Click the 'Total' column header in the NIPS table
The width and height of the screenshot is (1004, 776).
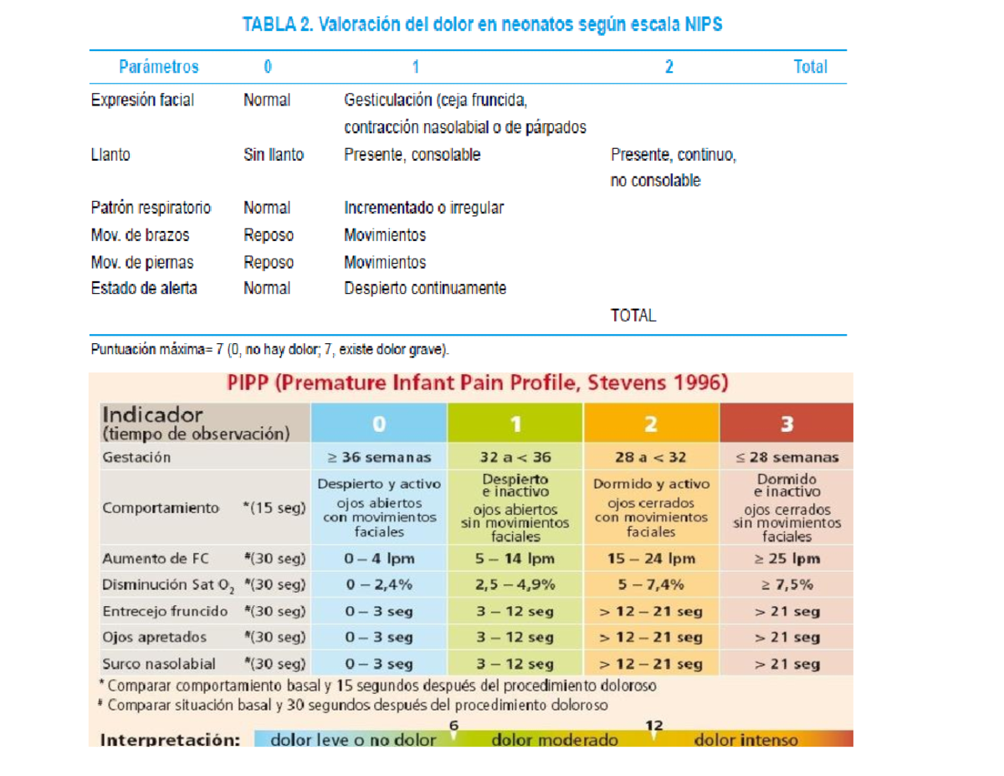(x=810, y=67)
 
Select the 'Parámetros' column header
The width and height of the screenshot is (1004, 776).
(x=158, y=67)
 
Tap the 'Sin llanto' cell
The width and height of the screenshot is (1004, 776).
(x=274, y=154)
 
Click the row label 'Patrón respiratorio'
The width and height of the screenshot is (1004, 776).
(x=151, y=208)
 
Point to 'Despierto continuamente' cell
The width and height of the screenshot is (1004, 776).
(x=425, y=288)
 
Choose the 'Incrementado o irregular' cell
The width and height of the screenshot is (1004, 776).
(x=423, y=208)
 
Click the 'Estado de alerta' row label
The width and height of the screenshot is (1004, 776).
(x=144, y=288)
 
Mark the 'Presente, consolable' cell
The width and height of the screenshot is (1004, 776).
(x=412, y=154)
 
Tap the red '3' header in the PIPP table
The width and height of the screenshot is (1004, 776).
(x=786, y=424)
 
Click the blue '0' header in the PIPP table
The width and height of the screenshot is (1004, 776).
(x=379, y=424)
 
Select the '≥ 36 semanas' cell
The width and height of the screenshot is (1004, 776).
(x=379, y=457)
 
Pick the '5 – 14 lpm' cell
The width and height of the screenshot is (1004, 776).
(x=515, y=558)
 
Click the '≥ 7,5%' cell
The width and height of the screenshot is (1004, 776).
(x=786, y=584)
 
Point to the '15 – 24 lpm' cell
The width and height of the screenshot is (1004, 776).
(x=651, y=558)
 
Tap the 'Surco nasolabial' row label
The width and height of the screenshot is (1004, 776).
(x=158, y=664)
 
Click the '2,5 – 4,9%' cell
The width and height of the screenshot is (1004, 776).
(x=515, y=584)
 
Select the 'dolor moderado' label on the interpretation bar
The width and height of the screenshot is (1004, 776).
(x=555, y=739)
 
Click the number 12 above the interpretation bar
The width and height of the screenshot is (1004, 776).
(x=653, y=725)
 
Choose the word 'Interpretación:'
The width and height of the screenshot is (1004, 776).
(x=170, y=740)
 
